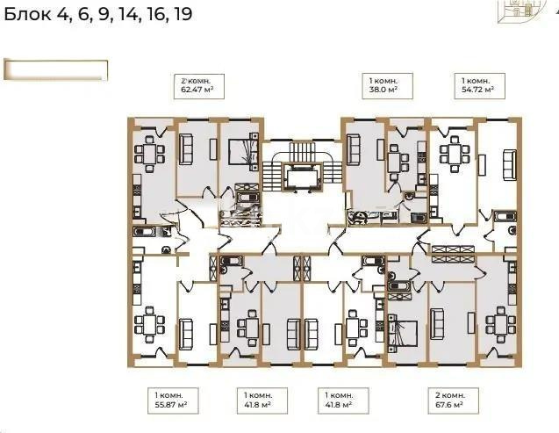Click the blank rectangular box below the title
pyautogui.click(x=55, y=69)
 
